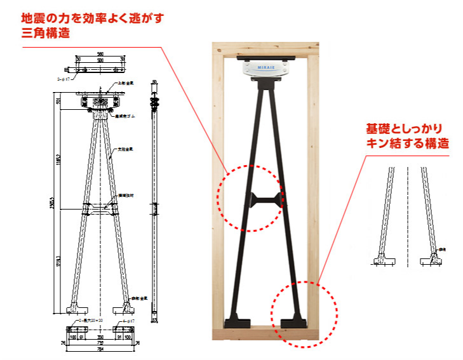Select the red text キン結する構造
pos(407,143)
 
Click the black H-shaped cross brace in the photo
pos(265,201)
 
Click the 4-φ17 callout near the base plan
pos(136,330)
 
